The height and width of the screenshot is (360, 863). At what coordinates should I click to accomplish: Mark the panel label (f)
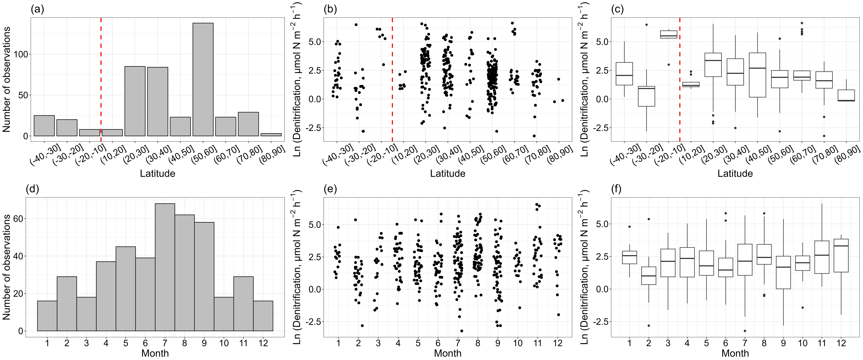pyautogui.click(x=616, y=189)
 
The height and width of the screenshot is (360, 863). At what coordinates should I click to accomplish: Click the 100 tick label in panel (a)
pyautogui.click(x=21, y=54)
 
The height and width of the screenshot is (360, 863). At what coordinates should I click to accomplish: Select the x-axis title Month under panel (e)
pyautogui.click(x=448, y=353)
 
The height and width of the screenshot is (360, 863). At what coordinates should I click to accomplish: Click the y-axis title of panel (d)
pyautogui.click(x=7, y=267)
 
